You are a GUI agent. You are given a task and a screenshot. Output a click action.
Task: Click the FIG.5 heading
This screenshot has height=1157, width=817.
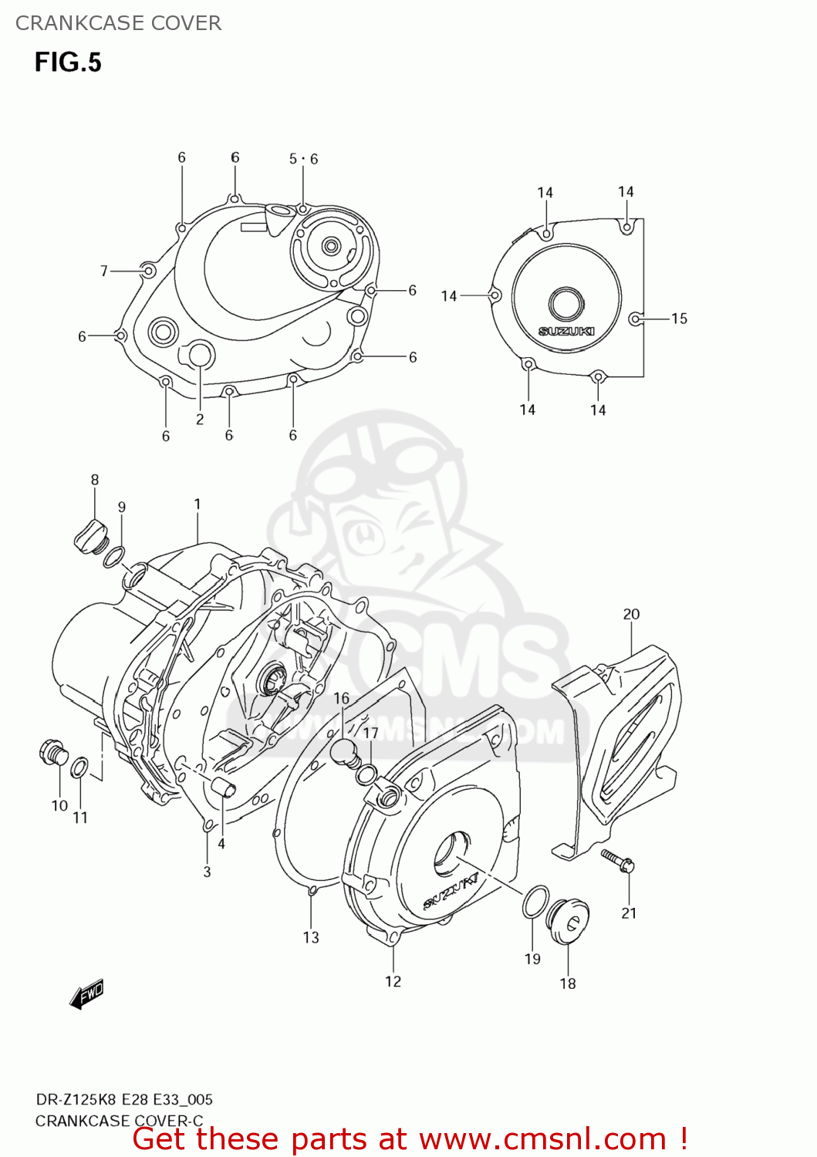(x=68, y=62)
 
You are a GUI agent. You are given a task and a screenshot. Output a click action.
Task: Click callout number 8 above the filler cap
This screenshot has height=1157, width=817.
(x=95, y=480)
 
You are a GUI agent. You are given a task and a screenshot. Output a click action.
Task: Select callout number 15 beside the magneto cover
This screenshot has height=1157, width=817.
(x=679, y=319)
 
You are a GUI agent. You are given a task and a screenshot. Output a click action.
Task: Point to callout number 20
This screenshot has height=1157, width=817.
(x=631, y=614)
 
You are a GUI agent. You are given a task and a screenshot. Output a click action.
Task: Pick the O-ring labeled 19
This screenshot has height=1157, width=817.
(x=535, y=902)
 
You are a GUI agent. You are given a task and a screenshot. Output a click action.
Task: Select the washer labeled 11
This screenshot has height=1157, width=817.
(x=79, y=768)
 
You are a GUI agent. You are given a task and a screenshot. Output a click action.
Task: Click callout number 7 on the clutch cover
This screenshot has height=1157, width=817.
(x=104, y=271)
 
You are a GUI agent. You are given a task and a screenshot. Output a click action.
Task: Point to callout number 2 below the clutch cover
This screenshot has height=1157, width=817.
(x=200, y=419)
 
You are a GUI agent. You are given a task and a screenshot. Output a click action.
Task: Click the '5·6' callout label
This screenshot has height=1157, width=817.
(x=303, y=159)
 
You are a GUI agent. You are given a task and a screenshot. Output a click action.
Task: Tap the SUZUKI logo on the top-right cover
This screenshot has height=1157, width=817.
(x=565, y=331)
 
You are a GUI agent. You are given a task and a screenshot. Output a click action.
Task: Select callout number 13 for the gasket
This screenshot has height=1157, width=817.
(x=311, y=937)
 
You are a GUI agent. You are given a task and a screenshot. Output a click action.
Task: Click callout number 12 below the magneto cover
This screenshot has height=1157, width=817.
(x=393, y=981)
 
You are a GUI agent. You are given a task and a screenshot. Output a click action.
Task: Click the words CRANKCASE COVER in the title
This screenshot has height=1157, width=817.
(x=118, y=23)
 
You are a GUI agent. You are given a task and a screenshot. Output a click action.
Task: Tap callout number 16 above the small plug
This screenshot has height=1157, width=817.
(x=341, y=698)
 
